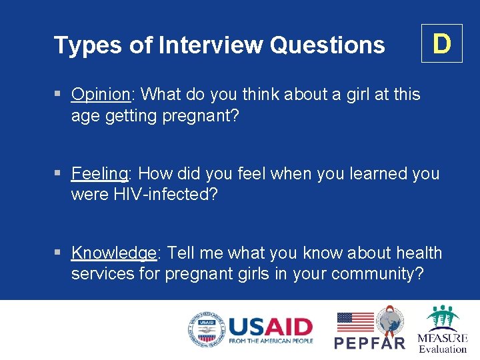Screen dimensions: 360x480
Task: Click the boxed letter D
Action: pos(441,43)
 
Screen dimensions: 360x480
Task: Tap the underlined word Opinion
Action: pos(101,95)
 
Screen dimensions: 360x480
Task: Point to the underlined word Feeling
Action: pos(99,174)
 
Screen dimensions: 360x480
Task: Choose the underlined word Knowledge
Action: pos(113,253)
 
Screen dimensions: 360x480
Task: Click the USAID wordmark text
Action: pos(270,327)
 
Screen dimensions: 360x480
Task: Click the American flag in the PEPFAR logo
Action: pos(355,322)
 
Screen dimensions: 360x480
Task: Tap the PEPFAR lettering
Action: pos(369,343)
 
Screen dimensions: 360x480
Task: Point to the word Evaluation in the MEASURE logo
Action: pos(443,349)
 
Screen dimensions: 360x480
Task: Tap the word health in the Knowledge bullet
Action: pos(415,253)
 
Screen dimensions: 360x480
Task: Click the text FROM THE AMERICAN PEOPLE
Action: pos(270,341)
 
